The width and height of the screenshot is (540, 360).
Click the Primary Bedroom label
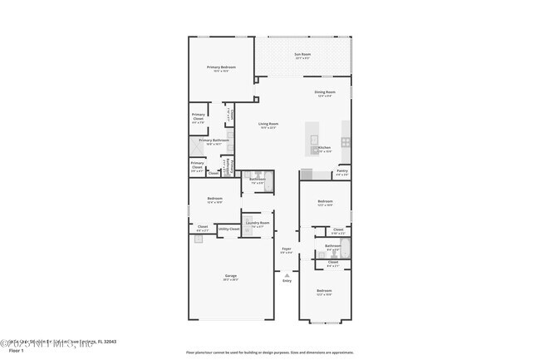coord(221,67)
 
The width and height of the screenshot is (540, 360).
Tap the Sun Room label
coord(302,55)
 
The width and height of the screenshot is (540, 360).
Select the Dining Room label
coord(325,91)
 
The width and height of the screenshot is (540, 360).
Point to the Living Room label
coord(268,124)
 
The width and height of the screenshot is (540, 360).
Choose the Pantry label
coord(341,170)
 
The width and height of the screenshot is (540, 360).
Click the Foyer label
coord(287,248)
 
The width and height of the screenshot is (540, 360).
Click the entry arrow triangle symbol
coord(287,274)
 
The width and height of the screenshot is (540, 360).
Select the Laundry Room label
coord(258,223)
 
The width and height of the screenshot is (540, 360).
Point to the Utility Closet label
coord(228,229)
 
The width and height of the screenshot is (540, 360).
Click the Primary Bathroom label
coord(214,140)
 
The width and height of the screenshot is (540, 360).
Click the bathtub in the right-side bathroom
coord(346,247)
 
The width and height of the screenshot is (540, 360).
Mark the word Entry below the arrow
coord(287,281)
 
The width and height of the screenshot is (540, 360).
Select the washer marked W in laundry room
coord(247,234)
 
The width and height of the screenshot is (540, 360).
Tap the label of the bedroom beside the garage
coord(214,198)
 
